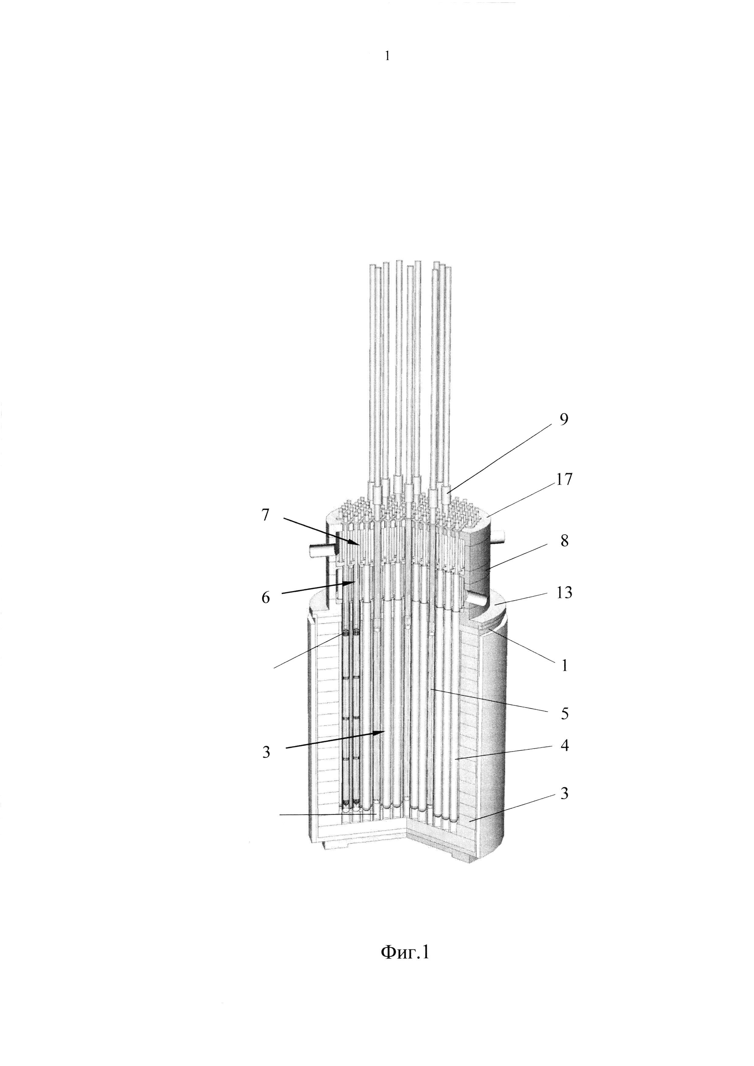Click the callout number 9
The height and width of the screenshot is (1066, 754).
563,419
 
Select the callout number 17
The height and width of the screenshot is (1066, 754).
565,479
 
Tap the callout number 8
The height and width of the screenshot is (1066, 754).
564,540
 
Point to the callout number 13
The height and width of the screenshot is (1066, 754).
564,593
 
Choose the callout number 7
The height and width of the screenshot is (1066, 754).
265,515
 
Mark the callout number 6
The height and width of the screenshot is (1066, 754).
265,598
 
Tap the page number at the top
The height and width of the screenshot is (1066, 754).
387,56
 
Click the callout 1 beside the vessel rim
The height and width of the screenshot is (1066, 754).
564,666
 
